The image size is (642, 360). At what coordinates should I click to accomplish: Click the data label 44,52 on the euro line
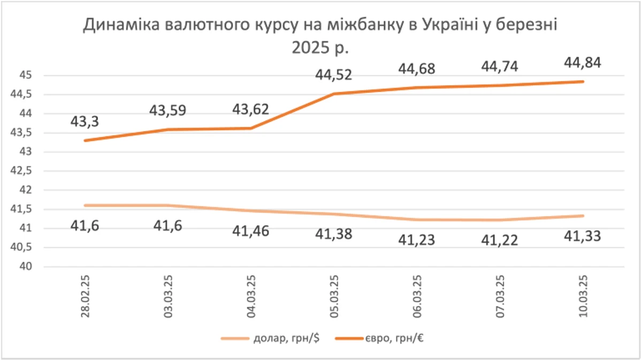(x=334, y=74)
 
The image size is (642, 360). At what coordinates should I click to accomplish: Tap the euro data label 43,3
(x=85, y=121)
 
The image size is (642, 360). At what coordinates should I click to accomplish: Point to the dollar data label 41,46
(x=250, y=232)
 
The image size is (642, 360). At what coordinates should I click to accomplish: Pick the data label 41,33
(x=582, y=235)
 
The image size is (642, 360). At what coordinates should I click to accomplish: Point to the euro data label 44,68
(x=416, y=69)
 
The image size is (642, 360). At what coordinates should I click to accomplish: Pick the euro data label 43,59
(x=168, y=111)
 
